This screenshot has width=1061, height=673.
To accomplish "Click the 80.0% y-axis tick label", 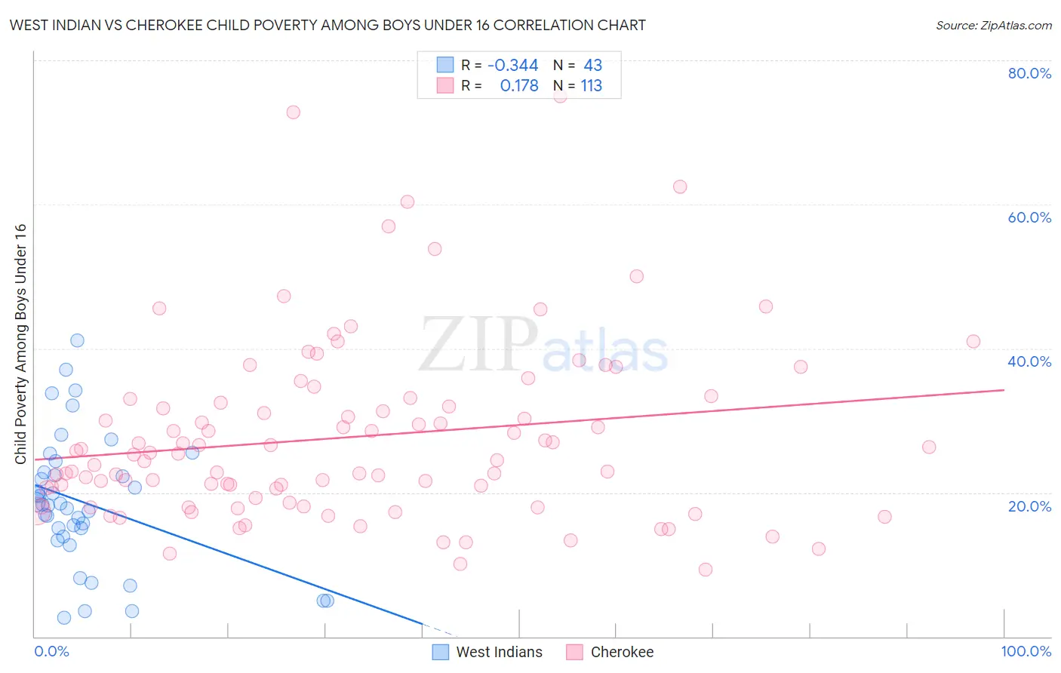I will tap(1029, 73).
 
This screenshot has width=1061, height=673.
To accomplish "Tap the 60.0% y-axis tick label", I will tap(1029, 217).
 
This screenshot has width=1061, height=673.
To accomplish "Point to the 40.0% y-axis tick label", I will tap(1029, 361).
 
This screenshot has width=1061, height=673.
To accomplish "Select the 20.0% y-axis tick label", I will tap(1029, 506).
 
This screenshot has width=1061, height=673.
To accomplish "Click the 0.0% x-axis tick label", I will tap(51, 651).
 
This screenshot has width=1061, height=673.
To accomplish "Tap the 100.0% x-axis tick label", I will tap(1026, 651).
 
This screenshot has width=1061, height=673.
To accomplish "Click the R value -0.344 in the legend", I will tap(512, 66).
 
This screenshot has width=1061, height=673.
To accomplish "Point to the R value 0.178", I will tap(519, 86).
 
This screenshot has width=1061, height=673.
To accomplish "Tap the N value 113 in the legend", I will tap(591, 86).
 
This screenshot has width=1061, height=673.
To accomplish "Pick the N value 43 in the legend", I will tap(592, 66).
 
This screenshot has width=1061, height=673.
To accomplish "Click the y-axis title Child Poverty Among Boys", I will tap(20, 344).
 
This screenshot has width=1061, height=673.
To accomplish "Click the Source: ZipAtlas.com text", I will tap(993, 26).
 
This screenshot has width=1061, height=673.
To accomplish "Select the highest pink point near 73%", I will tap(293, 112).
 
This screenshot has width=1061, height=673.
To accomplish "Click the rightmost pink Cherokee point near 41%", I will tap(973, 342).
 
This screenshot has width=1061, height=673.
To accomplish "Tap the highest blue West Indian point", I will tap(77, 340).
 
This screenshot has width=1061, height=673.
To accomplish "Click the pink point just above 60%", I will tap(407, 201).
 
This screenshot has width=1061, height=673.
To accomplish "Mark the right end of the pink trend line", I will tap(1004, 390).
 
